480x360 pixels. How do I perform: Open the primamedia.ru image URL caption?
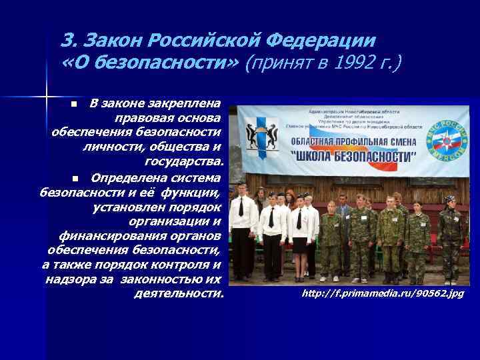pos(382,293)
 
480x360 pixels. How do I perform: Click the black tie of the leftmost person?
pos(241,206)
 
